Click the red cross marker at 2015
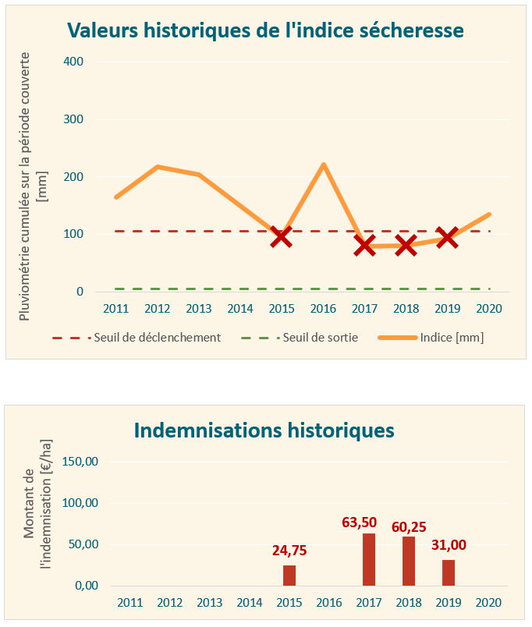click(x=282, y=237)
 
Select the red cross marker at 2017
click(x=364, y=246)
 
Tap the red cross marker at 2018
click(x=406, y=246)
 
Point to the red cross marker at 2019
click(x=447, y=237)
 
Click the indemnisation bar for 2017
click(x=369, y=559)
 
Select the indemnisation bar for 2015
click(x=289, y=575)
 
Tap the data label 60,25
click(x=409, y=527)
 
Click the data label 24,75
click(x=289, y=551)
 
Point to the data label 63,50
click(x=369, y=522)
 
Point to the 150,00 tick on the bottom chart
click(x=80, y=462)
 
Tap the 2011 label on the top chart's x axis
click(x=116, y=309)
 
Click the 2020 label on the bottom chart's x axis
click(x=488, y=603)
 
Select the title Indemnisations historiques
click(x=264, y=430)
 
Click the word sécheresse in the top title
click(x=411, y=30)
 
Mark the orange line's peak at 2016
click(x=323, y=165)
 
